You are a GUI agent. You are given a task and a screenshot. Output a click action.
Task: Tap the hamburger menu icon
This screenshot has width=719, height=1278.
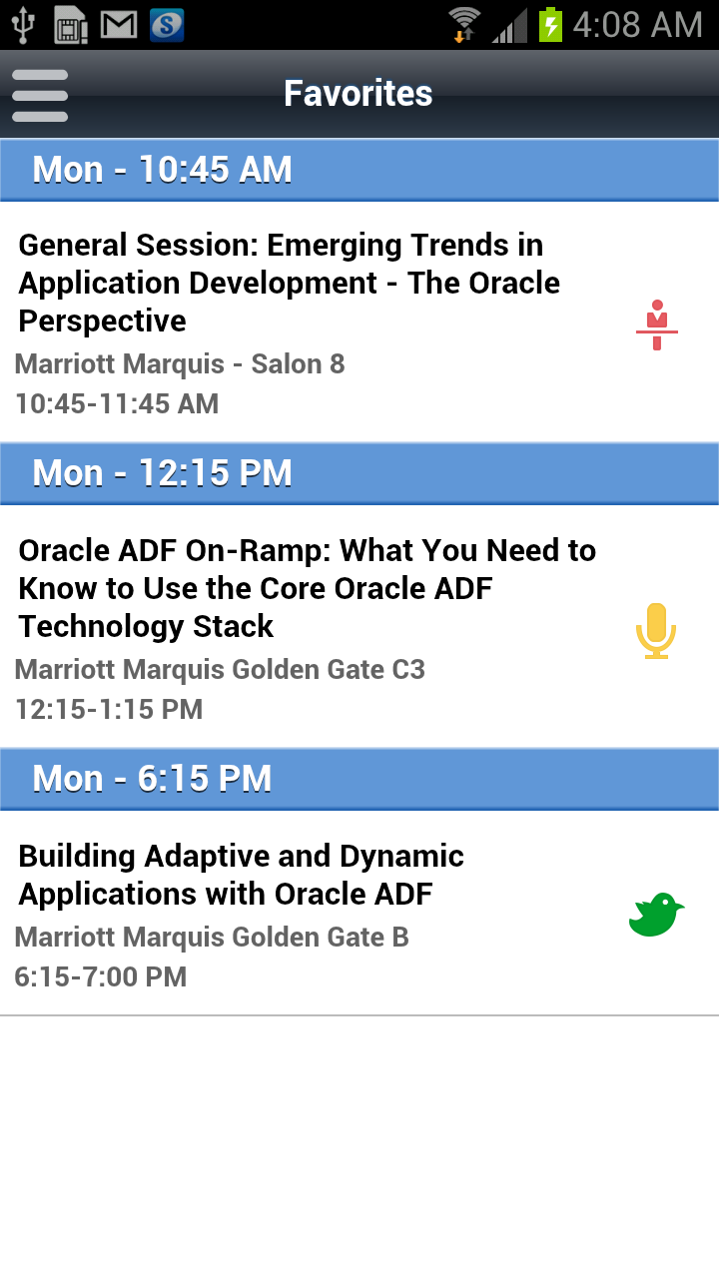40,95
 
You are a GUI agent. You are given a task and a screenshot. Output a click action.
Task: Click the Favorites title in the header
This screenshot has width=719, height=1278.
359,93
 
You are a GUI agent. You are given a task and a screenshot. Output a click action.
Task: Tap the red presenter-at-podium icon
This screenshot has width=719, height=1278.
657,324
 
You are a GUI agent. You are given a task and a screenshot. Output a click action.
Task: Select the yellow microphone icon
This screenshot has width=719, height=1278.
656,630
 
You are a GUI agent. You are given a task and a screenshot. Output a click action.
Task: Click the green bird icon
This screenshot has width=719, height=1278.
656,914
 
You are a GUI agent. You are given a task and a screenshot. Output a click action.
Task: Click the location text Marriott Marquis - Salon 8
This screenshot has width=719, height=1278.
180,364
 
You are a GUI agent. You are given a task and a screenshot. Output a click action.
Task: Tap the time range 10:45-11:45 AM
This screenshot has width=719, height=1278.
117,404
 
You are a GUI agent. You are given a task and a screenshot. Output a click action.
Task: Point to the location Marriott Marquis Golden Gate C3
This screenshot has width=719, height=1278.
220,669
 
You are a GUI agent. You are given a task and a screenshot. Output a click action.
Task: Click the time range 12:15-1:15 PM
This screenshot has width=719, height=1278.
109,709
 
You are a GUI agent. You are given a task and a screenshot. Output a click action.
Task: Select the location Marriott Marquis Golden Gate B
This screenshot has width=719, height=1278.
212,937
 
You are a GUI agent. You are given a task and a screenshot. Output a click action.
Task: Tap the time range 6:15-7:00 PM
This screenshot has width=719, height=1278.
101,976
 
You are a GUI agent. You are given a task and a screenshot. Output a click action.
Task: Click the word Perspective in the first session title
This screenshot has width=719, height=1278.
102,321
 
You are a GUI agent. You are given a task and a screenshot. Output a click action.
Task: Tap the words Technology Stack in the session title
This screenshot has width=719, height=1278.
146,626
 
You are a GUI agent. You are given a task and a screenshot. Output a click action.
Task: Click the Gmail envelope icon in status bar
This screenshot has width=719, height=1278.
119,25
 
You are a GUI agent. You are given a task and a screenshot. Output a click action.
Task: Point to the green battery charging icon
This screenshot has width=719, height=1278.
550,25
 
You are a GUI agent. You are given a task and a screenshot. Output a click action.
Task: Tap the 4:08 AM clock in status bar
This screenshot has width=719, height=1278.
637,25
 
